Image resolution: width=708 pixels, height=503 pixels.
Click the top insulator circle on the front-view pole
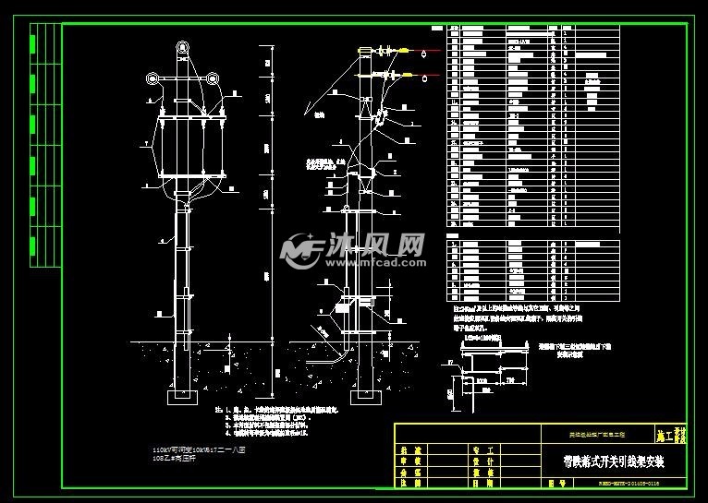183,46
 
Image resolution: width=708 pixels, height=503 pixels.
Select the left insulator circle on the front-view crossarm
153,78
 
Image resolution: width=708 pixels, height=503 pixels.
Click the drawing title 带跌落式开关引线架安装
614,459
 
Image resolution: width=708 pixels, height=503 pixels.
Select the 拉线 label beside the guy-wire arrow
320,115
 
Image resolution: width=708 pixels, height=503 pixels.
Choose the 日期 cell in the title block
482,481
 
